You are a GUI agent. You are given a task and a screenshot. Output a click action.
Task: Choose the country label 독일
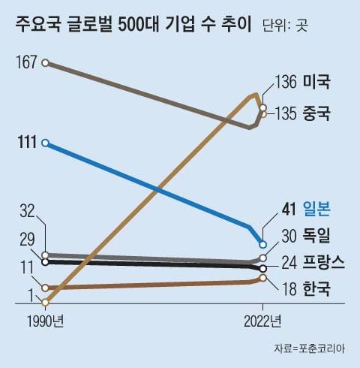pos(318,236)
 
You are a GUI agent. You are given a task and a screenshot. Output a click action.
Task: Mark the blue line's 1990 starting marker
pos(46,143)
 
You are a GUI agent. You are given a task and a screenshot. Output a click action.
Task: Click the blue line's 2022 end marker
pos(262,244)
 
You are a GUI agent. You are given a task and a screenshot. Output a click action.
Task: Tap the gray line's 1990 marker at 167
pos(46,63)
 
